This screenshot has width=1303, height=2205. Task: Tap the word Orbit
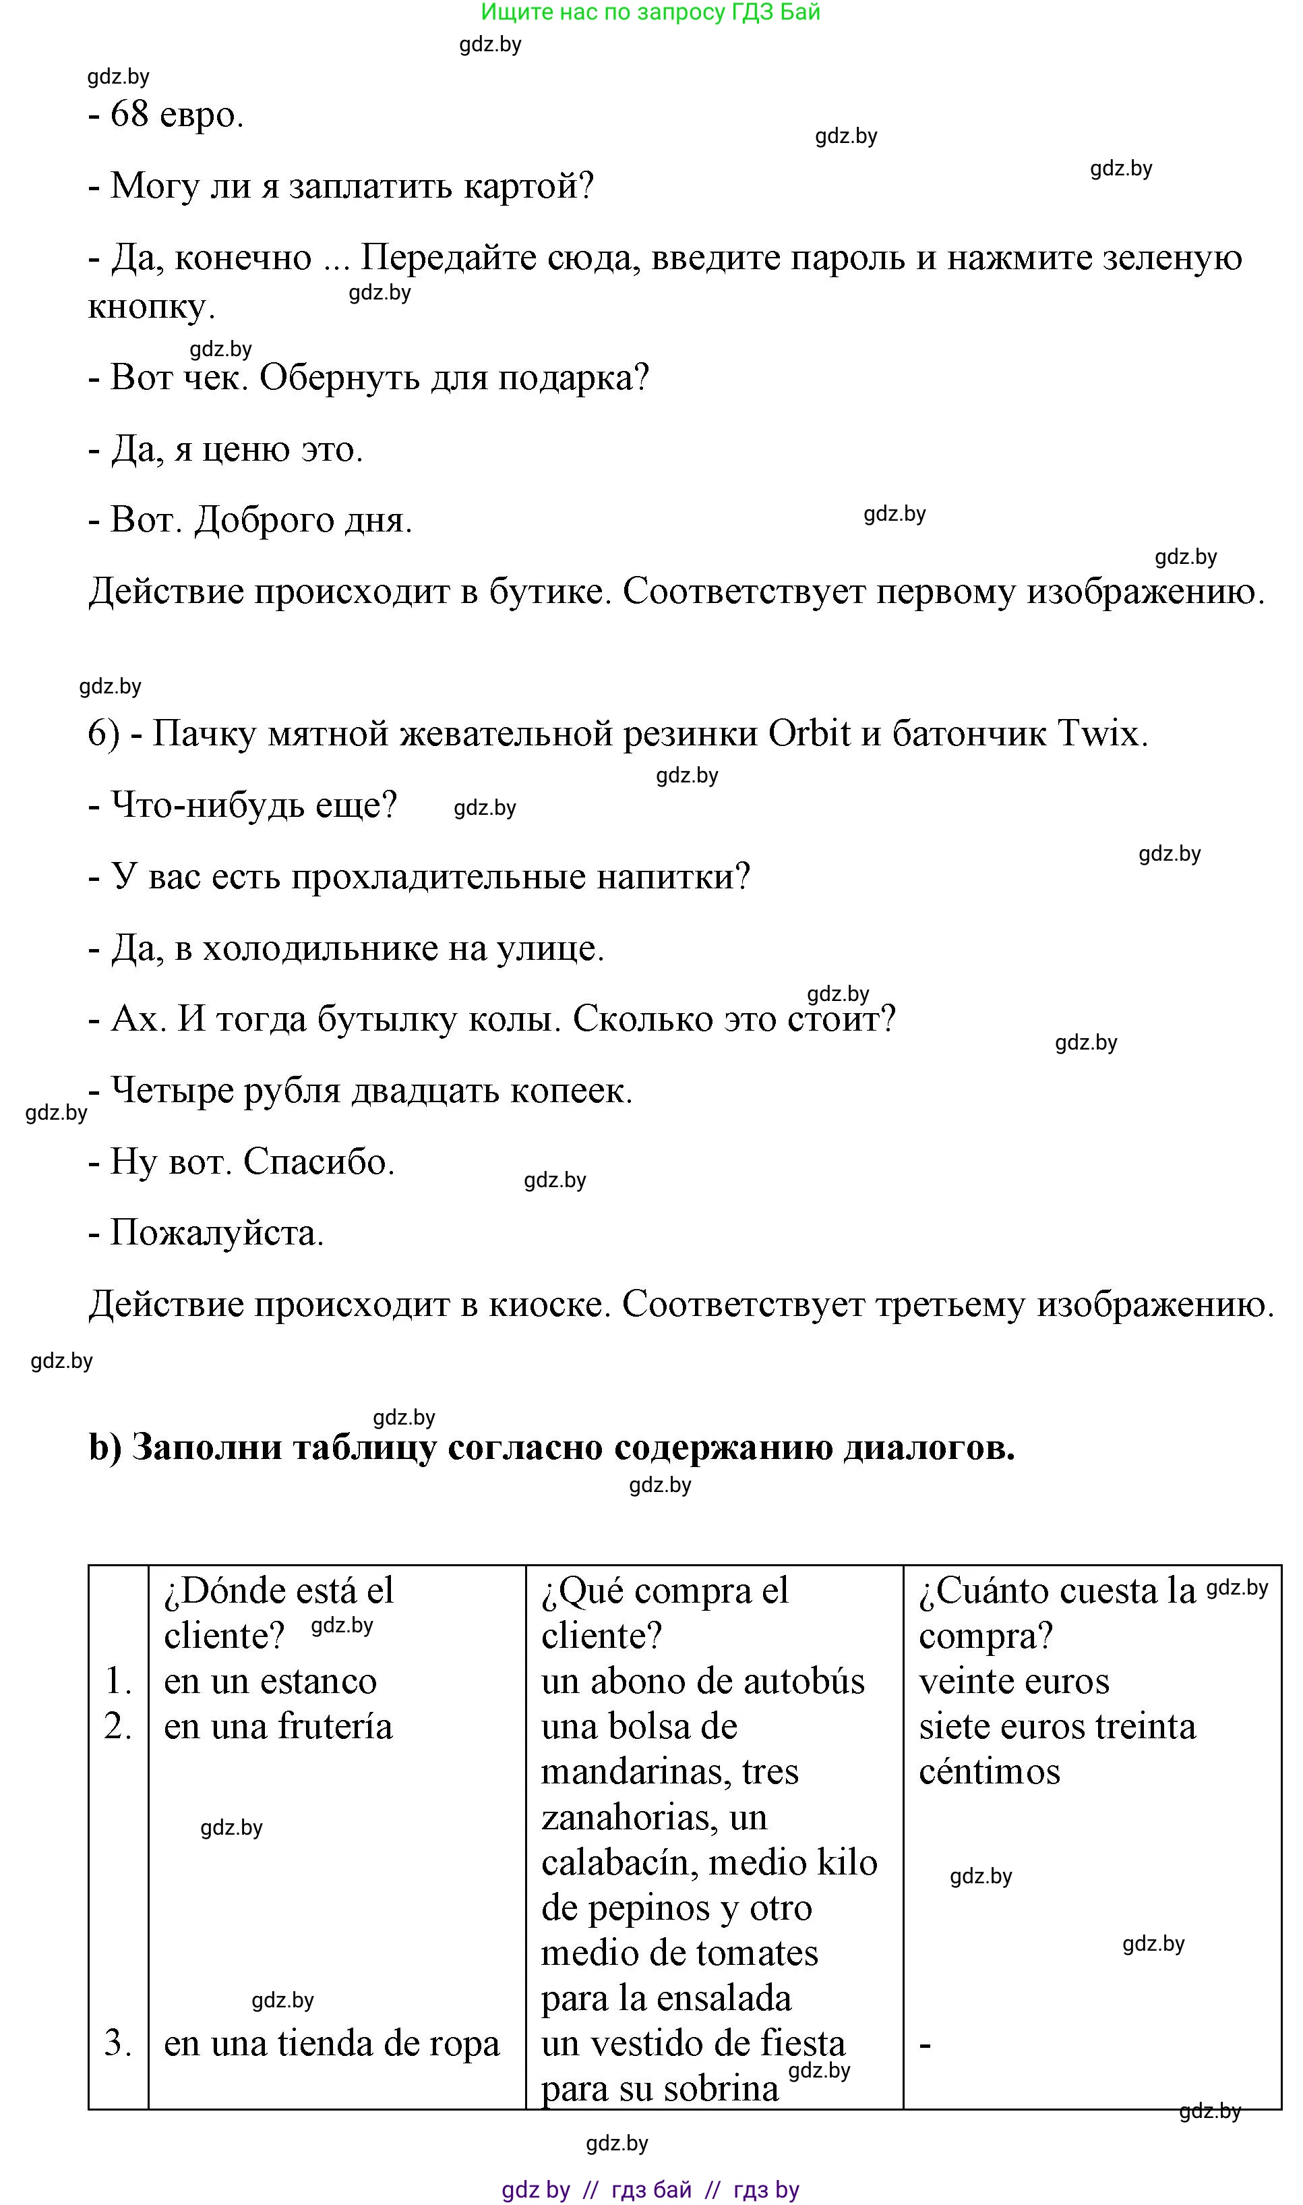click(x=809, y=733)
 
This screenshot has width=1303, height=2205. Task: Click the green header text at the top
click(x=650, y=12)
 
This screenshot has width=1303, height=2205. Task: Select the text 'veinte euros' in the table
click(x=1013, y=1682)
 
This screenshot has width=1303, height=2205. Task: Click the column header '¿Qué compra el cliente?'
click(x=665, y=1613)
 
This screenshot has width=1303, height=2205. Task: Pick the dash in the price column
click(x=925, y=2045)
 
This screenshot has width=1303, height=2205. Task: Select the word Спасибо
click(x=318, y=1162)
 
